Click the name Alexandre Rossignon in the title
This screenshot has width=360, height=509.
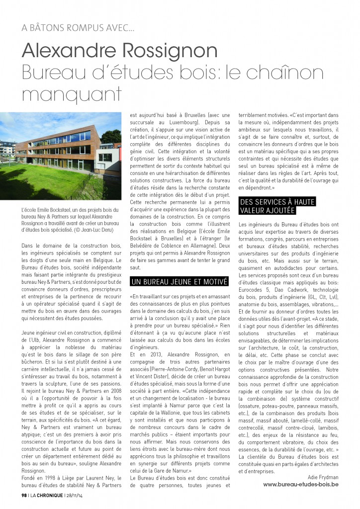coord(120,50)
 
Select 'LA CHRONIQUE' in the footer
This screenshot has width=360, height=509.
coord(47,495)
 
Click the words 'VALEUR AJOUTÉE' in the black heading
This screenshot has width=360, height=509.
coord(268,211)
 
